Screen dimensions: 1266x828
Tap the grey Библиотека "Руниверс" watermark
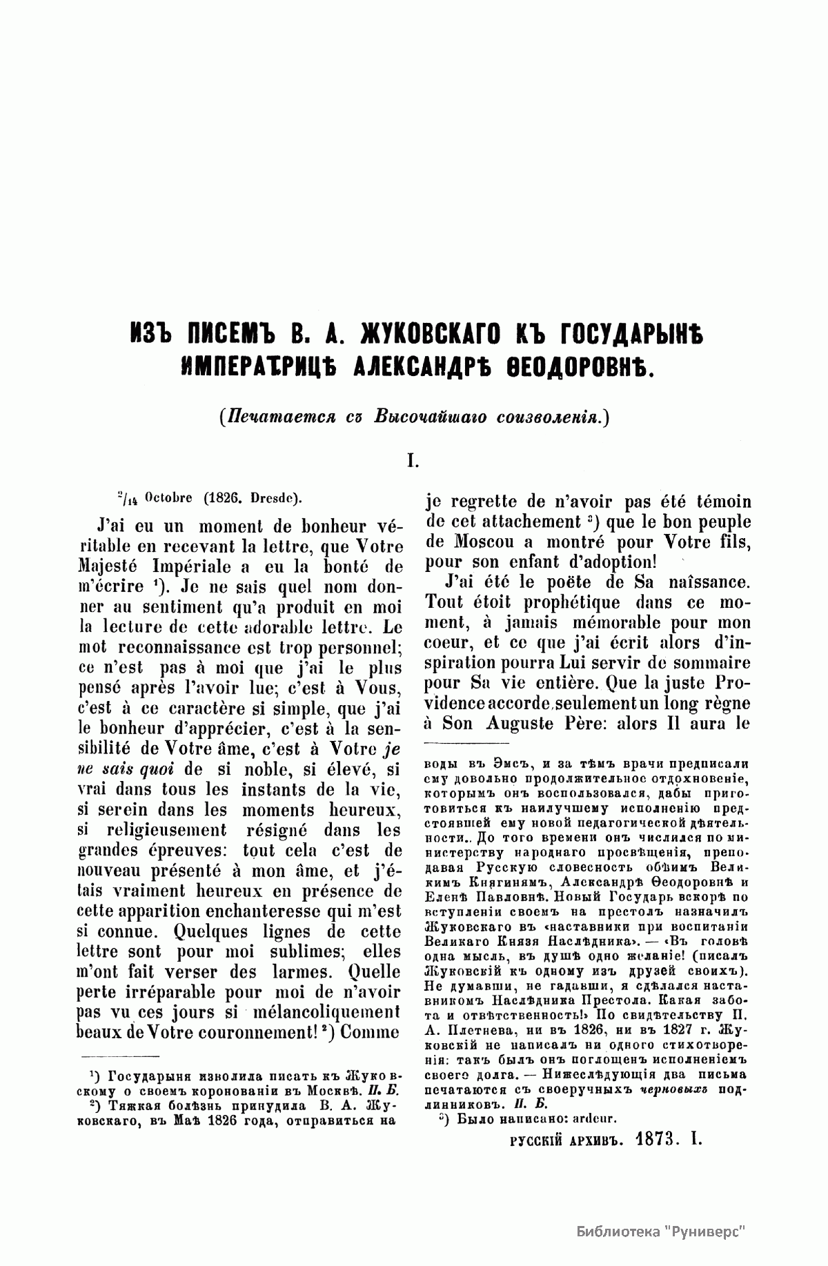[x=662, y=1229]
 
